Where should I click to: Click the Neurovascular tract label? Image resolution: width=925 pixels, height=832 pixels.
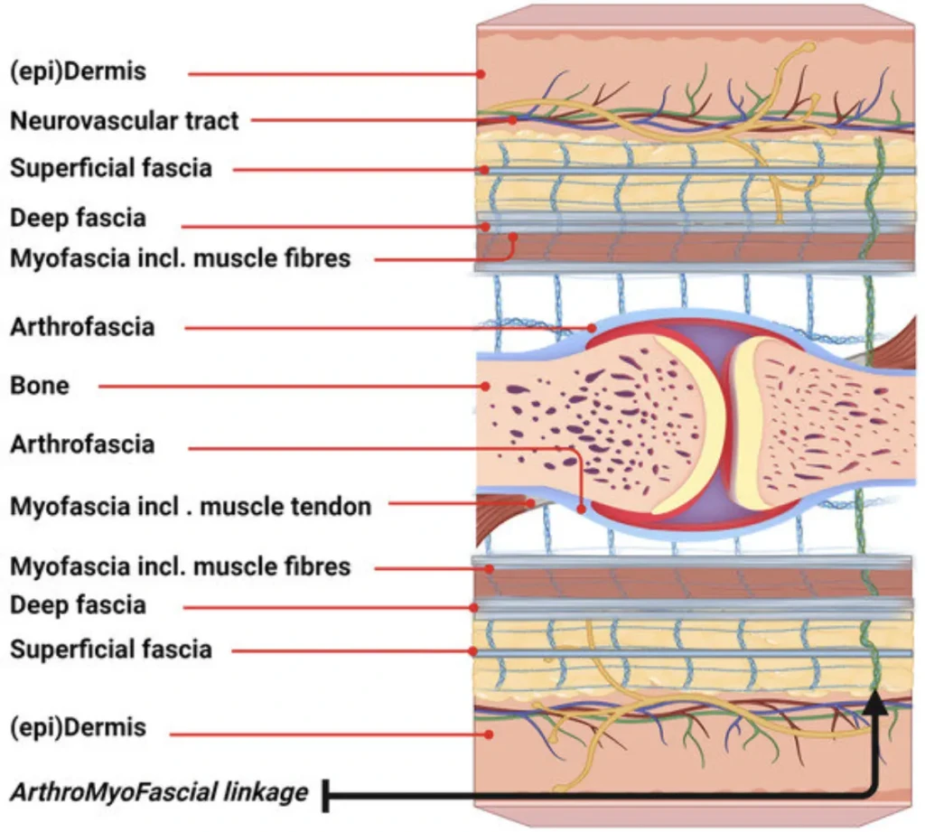[125, 120]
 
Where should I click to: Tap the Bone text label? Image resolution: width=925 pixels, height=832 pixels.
[40, 386]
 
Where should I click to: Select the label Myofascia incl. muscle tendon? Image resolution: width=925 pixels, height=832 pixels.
[191, 506]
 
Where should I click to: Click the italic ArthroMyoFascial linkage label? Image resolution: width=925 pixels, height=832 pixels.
[159, 792]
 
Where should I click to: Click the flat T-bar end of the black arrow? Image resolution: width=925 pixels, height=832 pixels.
[326, 795]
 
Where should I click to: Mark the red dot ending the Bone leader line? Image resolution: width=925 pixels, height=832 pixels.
[486, 387]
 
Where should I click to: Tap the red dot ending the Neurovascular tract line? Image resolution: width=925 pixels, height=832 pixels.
[512, 119]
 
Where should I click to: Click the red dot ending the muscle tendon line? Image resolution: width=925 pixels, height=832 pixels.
[532, 502]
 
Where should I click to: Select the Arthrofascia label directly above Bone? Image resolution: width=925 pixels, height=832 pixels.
[82, 327]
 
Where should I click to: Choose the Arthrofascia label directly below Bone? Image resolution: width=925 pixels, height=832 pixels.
[82, 444]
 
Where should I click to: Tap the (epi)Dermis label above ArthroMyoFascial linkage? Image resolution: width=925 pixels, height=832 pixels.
[78, 726]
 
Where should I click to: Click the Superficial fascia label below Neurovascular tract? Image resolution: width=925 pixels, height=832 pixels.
[111, 168]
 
